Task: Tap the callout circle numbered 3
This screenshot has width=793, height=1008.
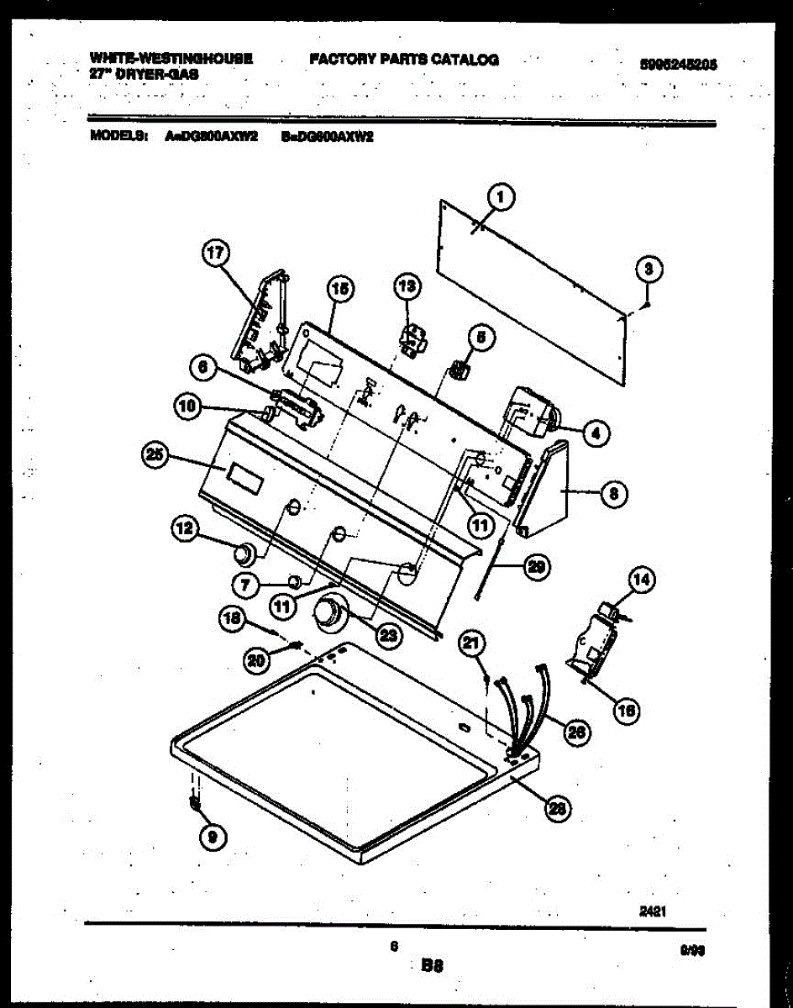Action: pos(648,270)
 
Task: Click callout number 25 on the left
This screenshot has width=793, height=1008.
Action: pos(155,456)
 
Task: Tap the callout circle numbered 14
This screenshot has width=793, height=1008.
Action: pos(641,580)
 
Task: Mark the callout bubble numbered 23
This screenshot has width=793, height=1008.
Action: pos(388,636)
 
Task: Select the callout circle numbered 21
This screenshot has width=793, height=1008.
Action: pos(472,644)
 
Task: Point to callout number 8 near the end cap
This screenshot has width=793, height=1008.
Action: pos(614,495)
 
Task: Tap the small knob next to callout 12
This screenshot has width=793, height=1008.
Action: pos(243,553)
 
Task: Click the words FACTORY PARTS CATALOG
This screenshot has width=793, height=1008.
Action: pos(404,60)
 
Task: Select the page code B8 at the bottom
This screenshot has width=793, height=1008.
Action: pos(431,966)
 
